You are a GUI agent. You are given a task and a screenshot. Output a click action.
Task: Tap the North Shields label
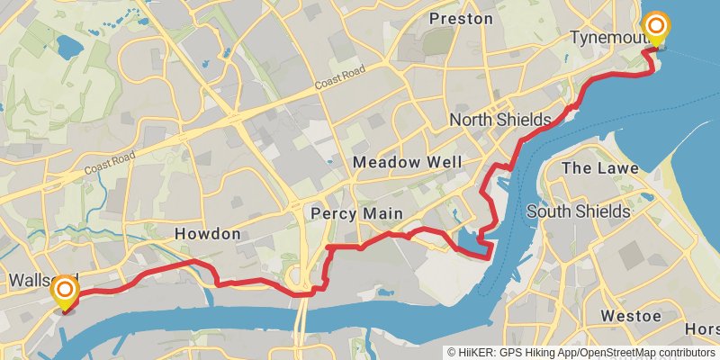(499, 120)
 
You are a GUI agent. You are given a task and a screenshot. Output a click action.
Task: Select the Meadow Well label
(408, 162)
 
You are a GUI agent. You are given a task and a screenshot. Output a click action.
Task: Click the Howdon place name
(207, 234)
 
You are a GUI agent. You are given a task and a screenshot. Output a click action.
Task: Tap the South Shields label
(578, 211)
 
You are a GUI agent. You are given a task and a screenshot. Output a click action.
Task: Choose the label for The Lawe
(599, 168)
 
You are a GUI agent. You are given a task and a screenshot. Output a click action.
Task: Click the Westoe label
(631, 316)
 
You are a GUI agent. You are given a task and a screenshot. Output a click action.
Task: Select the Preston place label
(461, 18)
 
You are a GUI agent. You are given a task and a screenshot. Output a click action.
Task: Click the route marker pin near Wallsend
(65, 292)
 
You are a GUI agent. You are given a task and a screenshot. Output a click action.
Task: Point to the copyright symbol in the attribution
(453, 353)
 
